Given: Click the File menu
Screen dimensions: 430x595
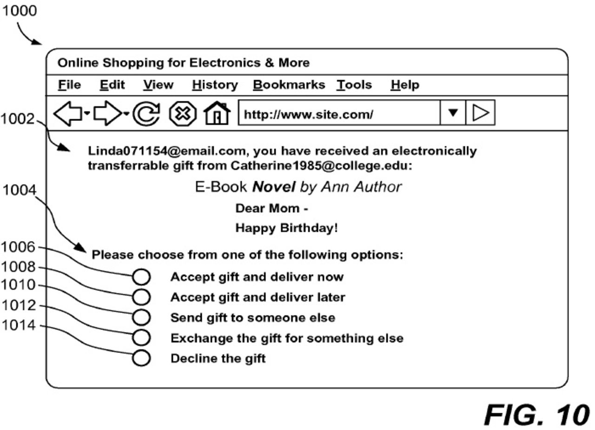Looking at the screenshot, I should click(69, 85).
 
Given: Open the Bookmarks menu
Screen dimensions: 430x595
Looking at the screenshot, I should click(289, 85).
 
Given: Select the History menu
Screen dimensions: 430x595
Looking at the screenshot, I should click(215, 85).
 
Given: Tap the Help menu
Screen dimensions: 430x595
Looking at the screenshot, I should click(405, 85).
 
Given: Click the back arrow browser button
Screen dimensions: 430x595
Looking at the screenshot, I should click(68, 114).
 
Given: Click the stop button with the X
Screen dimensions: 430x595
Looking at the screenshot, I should click(183, 114).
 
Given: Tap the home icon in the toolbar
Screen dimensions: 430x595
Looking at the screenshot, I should click(217, 114).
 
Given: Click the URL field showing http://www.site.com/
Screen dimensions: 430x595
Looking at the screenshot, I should click(338, 114).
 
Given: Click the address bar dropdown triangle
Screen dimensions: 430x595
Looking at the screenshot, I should click(453, 114).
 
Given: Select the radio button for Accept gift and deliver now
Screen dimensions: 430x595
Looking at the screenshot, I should click(141, 277).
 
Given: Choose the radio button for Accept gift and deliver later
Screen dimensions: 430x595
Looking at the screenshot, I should click(141, 297).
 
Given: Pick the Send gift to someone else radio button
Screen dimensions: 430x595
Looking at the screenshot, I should click(141, 317).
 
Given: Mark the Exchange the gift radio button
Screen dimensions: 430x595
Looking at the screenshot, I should click(141, 337).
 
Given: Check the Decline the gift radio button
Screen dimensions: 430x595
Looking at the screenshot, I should click(141, 358).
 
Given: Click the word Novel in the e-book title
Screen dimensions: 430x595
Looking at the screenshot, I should click(273, 187).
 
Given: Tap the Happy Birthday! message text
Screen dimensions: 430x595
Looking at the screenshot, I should click(286, 228).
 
